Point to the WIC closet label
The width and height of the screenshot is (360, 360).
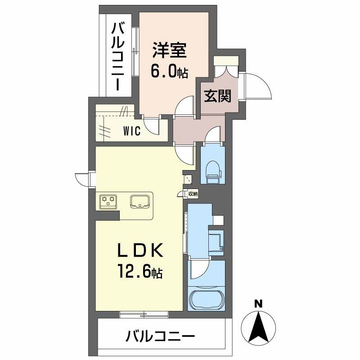[133, 131]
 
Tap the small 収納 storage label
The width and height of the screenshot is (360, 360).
[193, 194]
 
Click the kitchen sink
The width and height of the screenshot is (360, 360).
[141, 201]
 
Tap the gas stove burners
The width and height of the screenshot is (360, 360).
[108, 201]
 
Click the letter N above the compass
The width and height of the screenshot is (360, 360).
[258, 304]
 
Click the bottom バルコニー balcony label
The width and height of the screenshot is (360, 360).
[160, 336]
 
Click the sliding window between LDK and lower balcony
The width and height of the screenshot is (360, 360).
[144, 314]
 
